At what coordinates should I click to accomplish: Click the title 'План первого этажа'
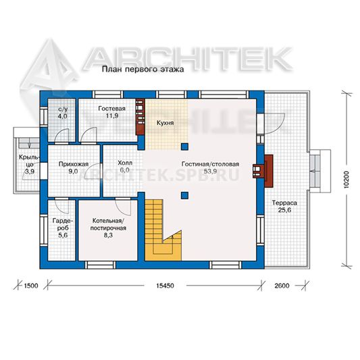click(x=143, y=69)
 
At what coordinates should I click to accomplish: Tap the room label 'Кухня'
click(x=165, y=123)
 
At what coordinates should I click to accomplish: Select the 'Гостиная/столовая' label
click(x=210, y=164)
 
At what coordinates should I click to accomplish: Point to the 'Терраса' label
click(x=284, y=203)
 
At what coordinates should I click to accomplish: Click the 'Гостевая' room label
click(x=112, y=109)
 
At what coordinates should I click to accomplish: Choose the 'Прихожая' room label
click(x=74, y=164)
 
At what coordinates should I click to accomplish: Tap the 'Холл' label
click(x=125, y=163)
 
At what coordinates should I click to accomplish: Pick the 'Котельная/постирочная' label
click(x=108, y=224)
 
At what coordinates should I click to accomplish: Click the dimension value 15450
click(x=165, y=286)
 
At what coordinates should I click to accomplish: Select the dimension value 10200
click(x=346, y=179)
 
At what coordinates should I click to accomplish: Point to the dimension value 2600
click(x=282, y=286)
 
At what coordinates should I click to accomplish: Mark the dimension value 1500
click(x=31, y=286)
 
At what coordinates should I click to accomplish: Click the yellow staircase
click(x=163, y=230)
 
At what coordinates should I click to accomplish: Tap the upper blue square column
click(x=184, y=147)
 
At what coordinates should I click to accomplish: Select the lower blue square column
click(x=184, y=195)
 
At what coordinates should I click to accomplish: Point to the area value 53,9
click(x=210, y=172)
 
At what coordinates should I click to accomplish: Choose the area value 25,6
click(x=284, y=210)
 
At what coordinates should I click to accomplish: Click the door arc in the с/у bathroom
click(x=61, y=136)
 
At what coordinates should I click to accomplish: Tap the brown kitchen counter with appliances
click(x=140, y=117)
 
